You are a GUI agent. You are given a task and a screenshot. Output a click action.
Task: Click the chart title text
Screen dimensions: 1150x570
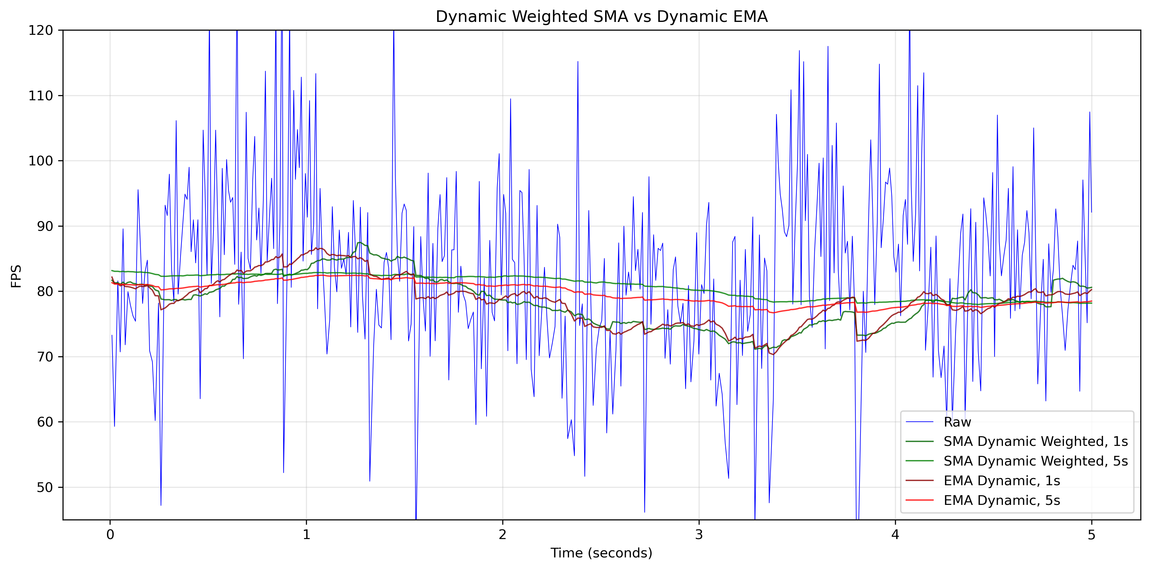point(601,16)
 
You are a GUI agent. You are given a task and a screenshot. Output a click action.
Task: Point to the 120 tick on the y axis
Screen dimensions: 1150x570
point(41,30)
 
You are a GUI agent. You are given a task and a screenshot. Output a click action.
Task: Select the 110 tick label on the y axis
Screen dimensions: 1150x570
point(41,95)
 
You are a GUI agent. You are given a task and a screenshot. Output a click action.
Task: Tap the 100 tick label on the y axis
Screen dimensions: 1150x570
point(41,161)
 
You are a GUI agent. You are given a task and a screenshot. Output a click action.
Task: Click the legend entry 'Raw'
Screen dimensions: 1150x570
point(957,422)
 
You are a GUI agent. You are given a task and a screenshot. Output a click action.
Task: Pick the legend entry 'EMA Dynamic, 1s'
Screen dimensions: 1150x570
point(1002,481)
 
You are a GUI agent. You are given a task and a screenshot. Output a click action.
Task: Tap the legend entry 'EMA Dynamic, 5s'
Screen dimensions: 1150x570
point(1002,500)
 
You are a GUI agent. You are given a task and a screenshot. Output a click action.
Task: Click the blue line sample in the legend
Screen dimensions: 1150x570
point(919,422)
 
